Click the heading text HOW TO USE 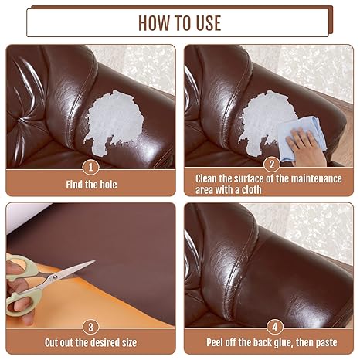(x=179, y=22)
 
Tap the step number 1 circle (x=91, y=166)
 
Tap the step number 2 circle (x=270, y=165)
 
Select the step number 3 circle (x=91, y=326)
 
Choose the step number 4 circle (x=270, y=326)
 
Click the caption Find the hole (x=91, y=185)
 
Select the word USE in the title (x=206, y=22)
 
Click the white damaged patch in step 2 (x=263, y=116)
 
